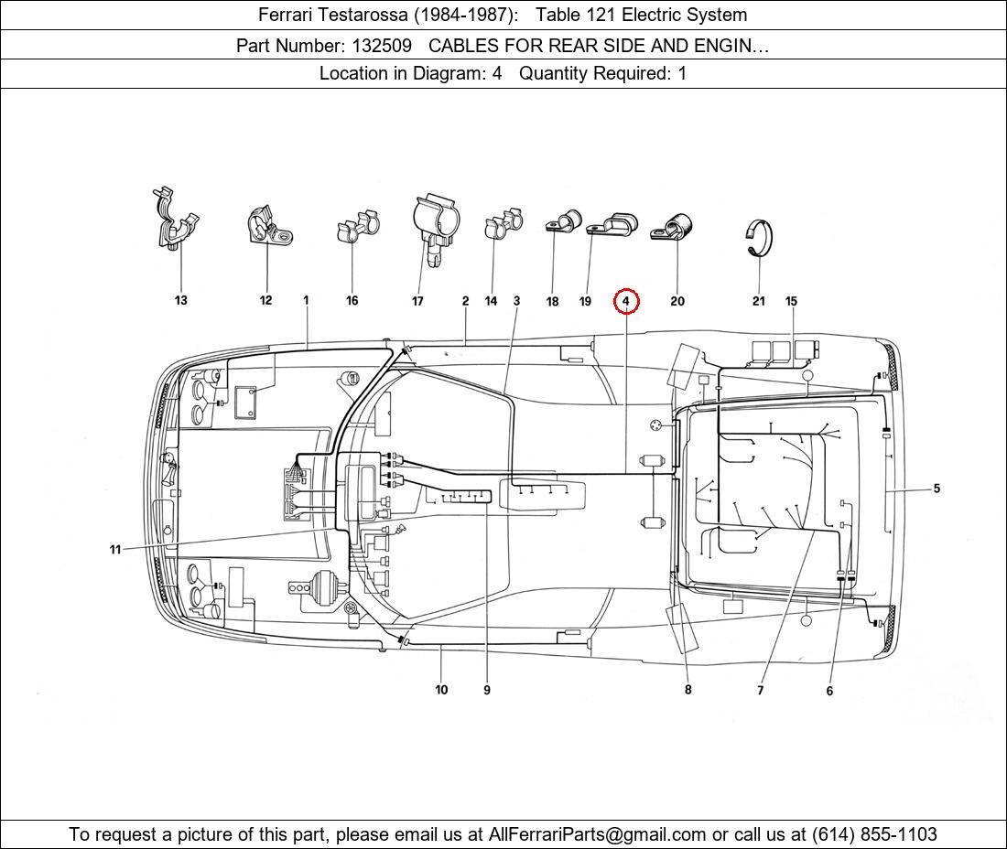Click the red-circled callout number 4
click(x=626, y=301)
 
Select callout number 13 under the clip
click(x=180, y=301)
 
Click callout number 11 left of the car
click(x=115, y=550)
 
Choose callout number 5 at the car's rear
click(x=937, y=489)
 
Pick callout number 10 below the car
click(x=441, y=690)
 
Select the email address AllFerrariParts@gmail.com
click(x=597, y=834)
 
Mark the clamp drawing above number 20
click(x=673, y=227)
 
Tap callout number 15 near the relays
click(x=791, y=301)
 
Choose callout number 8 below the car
click(x=688, y=690)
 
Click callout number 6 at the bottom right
click(x=829, y=691)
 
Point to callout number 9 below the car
click(x=486, y=690)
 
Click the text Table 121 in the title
click(x=571, y=15)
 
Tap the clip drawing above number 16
click(x=357, y=229)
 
